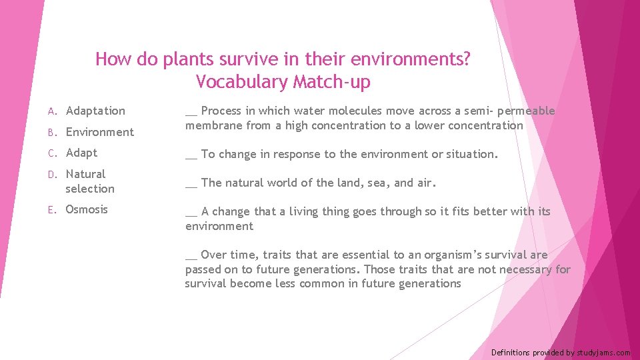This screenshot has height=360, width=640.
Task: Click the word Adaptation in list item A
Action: pyautogui.click(x=95, y=111)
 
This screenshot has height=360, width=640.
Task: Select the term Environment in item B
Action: pyautogui.click(x=99, y=132)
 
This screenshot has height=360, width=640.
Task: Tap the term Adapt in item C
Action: pyautogui.click(x=81, y=153)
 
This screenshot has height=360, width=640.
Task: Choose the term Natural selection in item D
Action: pyautogui.click(x=89, y=181)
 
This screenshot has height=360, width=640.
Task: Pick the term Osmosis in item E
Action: pyautogui.click(x=86, y=209)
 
